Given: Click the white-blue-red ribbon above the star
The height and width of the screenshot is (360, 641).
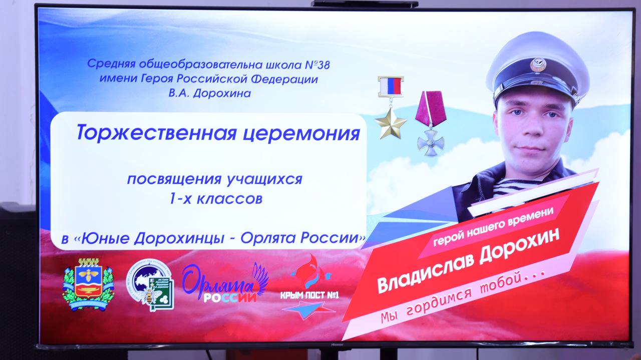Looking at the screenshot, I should click(391, 86).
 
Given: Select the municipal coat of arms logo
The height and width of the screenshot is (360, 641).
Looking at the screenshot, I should click(88, 284).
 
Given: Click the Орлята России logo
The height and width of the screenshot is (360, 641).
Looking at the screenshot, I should click(225, 284).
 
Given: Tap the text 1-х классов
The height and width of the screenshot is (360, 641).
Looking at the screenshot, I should click(214, 199).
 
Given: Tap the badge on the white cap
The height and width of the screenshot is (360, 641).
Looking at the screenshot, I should click(538, 65).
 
